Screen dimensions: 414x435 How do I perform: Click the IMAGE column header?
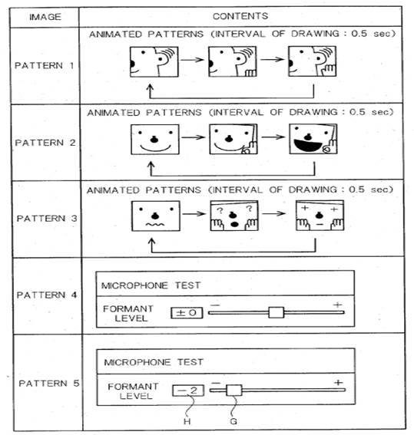[45, 17]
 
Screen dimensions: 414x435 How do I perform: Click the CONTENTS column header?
[240, 16]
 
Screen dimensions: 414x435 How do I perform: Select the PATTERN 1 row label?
[44, 65]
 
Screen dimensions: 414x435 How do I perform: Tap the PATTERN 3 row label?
[47, 219]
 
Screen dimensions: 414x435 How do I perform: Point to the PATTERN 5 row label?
[49, 383]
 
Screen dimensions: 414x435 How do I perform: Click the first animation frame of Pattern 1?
[154, 61]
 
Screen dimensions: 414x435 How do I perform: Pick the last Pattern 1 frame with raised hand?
[312, 61]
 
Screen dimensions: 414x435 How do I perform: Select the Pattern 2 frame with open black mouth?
[313, 139]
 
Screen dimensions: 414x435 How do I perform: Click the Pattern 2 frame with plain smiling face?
[155, 140]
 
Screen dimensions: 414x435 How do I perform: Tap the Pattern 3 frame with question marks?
[234, 216]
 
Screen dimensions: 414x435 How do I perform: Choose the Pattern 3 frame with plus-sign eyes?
[320, 216]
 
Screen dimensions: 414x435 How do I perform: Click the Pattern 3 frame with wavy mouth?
[156, 216]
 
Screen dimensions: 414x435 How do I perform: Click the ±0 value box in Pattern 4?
[187, 313]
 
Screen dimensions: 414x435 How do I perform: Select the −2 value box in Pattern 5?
[188, 391]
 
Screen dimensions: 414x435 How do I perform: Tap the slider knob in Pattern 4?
[277, 312]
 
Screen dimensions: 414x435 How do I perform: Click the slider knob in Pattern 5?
[234, 391]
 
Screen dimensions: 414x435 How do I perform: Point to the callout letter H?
[187, 421]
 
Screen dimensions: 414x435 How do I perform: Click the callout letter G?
[233, 421]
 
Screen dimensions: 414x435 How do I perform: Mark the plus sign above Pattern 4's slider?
[338, 305]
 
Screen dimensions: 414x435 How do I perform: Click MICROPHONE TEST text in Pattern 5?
[154, 362]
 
